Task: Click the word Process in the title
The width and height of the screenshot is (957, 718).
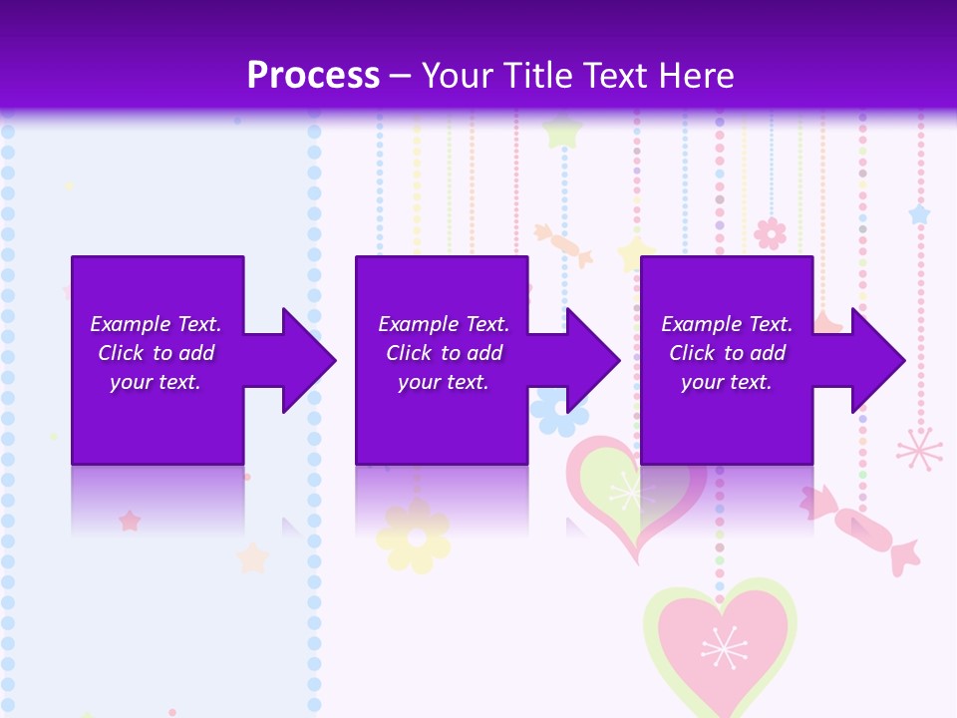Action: pyautogui.click(x=313, y=76)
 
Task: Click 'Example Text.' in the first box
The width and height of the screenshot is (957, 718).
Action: pyautogui.click(x=156, y=324)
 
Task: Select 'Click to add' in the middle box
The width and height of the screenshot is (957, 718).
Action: pyautogui.click(x=444, y=353)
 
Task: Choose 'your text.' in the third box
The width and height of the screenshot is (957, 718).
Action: pyautogui.click(x=726, y=382)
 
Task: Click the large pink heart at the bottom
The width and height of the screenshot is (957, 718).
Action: pyautogui.click(x=720, y=643)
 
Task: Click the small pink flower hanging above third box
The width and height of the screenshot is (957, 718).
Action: pyautogui.click(x=770, y=233)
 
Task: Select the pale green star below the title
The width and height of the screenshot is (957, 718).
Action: pyautogui.click(x=563, y=131)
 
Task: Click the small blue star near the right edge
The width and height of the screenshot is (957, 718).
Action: pyautogui.click(x=918, y=214)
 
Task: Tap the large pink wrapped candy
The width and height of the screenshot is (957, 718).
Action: pyautogui.click(x=863, y=529)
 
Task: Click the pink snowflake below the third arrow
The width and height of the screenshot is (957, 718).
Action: pyautogui.click(x=918, y=449)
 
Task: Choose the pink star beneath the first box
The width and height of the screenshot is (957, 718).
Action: pyautogui.click(x=130, y=521)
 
